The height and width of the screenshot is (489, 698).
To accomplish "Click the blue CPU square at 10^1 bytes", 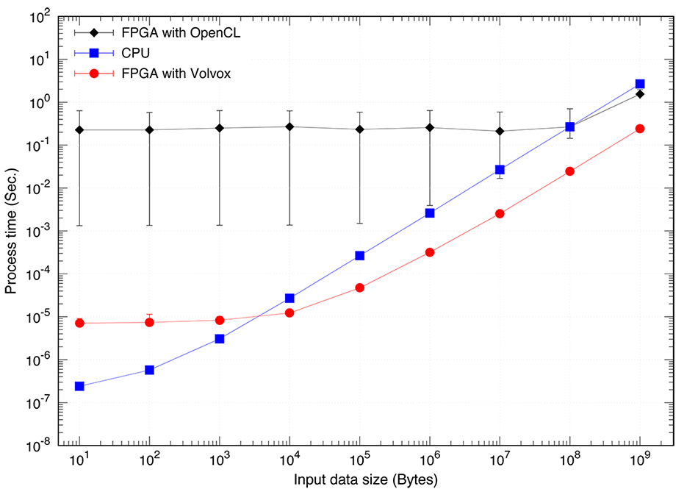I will (x=79, y=386).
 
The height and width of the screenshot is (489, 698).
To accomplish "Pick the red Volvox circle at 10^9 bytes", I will (x=640, y=129).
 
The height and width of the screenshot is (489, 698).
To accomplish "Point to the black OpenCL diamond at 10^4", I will (x=289, y=126).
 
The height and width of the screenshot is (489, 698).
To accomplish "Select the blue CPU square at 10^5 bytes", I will (x=360, y=255).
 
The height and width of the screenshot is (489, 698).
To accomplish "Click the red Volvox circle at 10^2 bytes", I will (x=149, y=322).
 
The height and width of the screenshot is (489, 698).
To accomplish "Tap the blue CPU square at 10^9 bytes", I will (x=640, y=84).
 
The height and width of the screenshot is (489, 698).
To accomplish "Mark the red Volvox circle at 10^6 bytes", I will (x=430, y=252).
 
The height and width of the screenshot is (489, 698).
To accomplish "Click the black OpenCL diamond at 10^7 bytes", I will (x=500, y=131).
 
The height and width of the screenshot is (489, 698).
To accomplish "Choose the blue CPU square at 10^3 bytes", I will (x=220, y=338).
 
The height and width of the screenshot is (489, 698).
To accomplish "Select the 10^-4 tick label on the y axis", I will (x=37, y=274).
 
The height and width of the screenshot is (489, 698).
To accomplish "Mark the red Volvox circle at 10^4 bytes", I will (x=289, y=313).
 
